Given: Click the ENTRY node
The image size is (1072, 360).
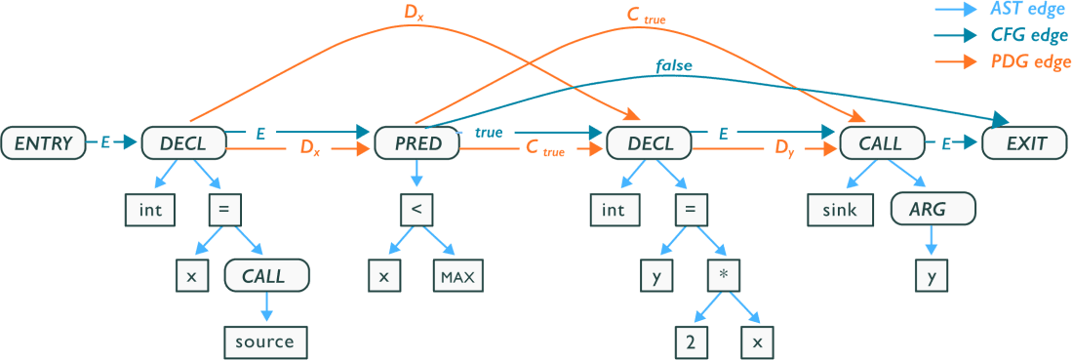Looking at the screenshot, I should [44, 144].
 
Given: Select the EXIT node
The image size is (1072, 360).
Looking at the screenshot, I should [1026, 144].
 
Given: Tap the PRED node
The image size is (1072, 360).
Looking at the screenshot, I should [417, 144].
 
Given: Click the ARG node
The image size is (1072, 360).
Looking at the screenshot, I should [932, 209].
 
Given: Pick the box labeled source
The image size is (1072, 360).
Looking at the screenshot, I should [264, 341].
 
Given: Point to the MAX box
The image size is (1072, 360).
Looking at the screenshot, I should [457, 276].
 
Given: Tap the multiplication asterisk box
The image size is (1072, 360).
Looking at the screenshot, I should [723, 276].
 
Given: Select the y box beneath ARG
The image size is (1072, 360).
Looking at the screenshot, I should [932, 276].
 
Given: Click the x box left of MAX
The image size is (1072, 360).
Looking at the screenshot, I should [383, 276].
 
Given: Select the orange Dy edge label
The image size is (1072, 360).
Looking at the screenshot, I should [785, 149].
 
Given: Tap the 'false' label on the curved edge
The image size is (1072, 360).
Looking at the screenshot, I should [674, 67].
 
